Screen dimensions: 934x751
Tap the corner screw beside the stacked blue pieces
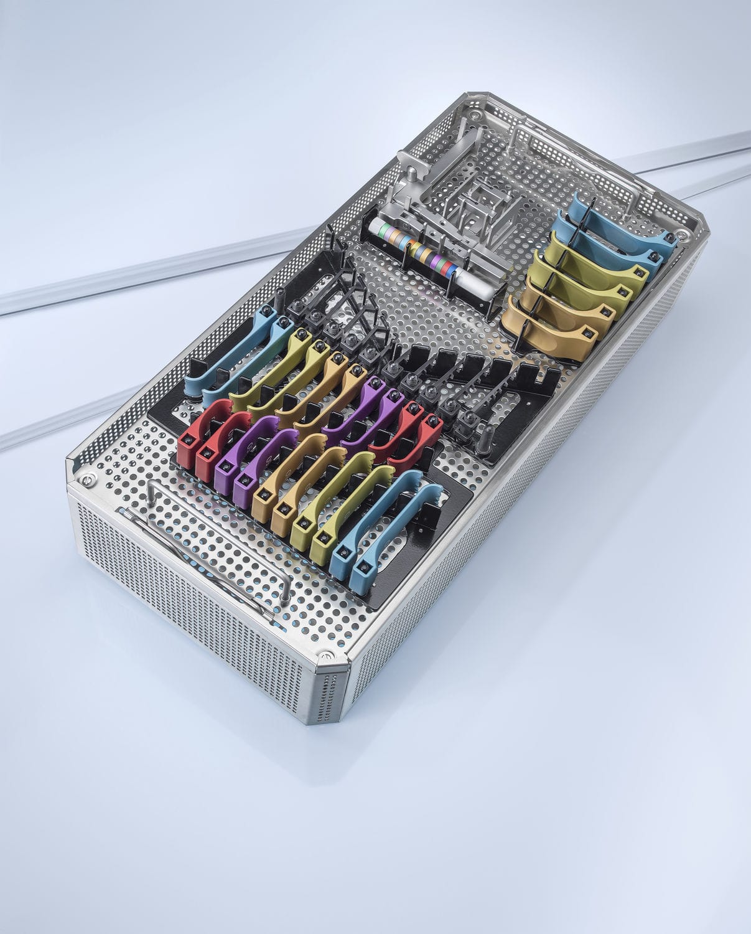[x=684, y=236]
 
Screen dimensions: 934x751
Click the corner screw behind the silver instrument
[x=475, y=116]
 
